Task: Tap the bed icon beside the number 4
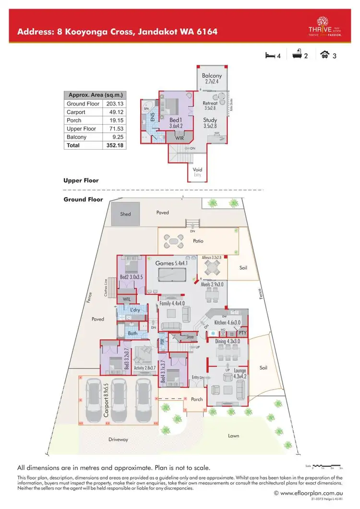pos(270,55)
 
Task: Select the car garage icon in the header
pos(324,55)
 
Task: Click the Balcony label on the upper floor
pos(212,76)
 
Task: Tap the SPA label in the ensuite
pos(146,109)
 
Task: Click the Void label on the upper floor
pos(197,170)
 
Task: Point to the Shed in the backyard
pos(125,214)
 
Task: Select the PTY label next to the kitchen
pos(242,332)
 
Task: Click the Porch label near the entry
pos(197,399)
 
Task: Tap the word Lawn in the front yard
pos(233,436)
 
